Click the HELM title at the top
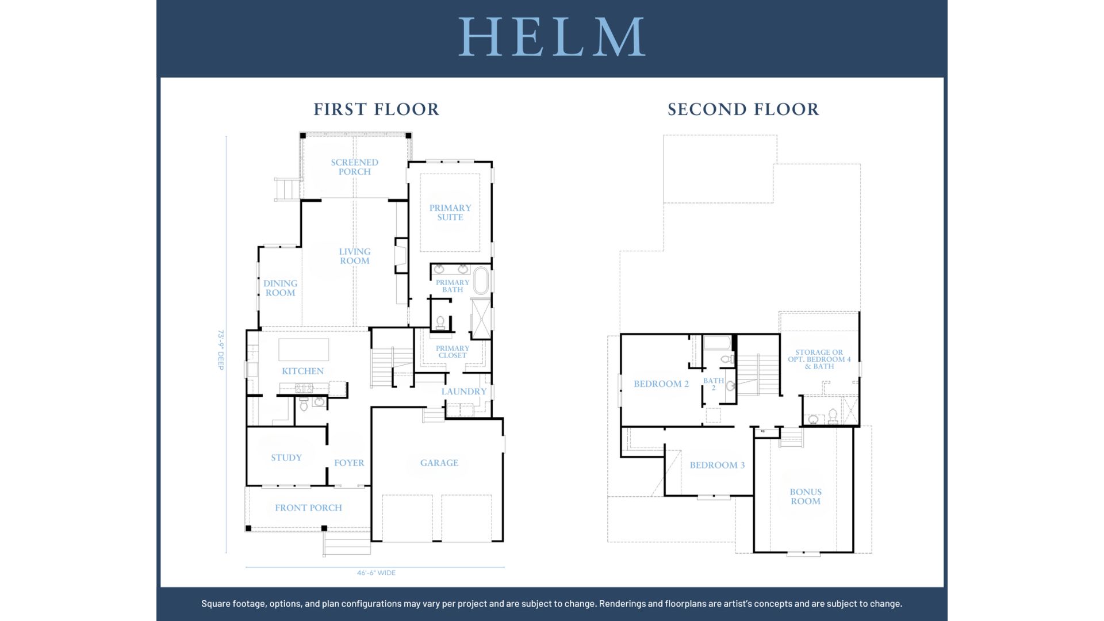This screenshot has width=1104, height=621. point(551,37)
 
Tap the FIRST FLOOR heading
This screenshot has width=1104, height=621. point(377,109)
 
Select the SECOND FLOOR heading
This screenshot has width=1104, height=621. point(743,109)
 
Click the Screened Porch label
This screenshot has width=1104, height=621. point(355,167)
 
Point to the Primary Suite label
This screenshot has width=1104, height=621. point(450,212)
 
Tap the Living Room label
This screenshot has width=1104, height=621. point(355,256)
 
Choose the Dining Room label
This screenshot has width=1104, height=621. point(281,287)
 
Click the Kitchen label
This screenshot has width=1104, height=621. point(303,371)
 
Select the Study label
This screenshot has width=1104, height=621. point(286,458)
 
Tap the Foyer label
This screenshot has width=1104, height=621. point(349,463)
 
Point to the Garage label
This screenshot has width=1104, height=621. point(439,463)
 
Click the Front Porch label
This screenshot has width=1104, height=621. point(308,508)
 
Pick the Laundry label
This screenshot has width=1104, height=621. point(464,392)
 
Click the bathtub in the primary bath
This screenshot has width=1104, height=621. point(481,281)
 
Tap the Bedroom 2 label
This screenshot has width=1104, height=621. point(661,384)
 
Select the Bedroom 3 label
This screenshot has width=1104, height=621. point(717,465)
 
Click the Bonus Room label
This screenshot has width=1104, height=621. point(806,496)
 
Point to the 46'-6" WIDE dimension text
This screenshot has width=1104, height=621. point(376,573)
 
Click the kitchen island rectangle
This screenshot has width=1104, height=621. point(304,350)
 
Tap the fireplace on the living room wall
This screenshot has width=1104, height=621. point(400,255)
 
